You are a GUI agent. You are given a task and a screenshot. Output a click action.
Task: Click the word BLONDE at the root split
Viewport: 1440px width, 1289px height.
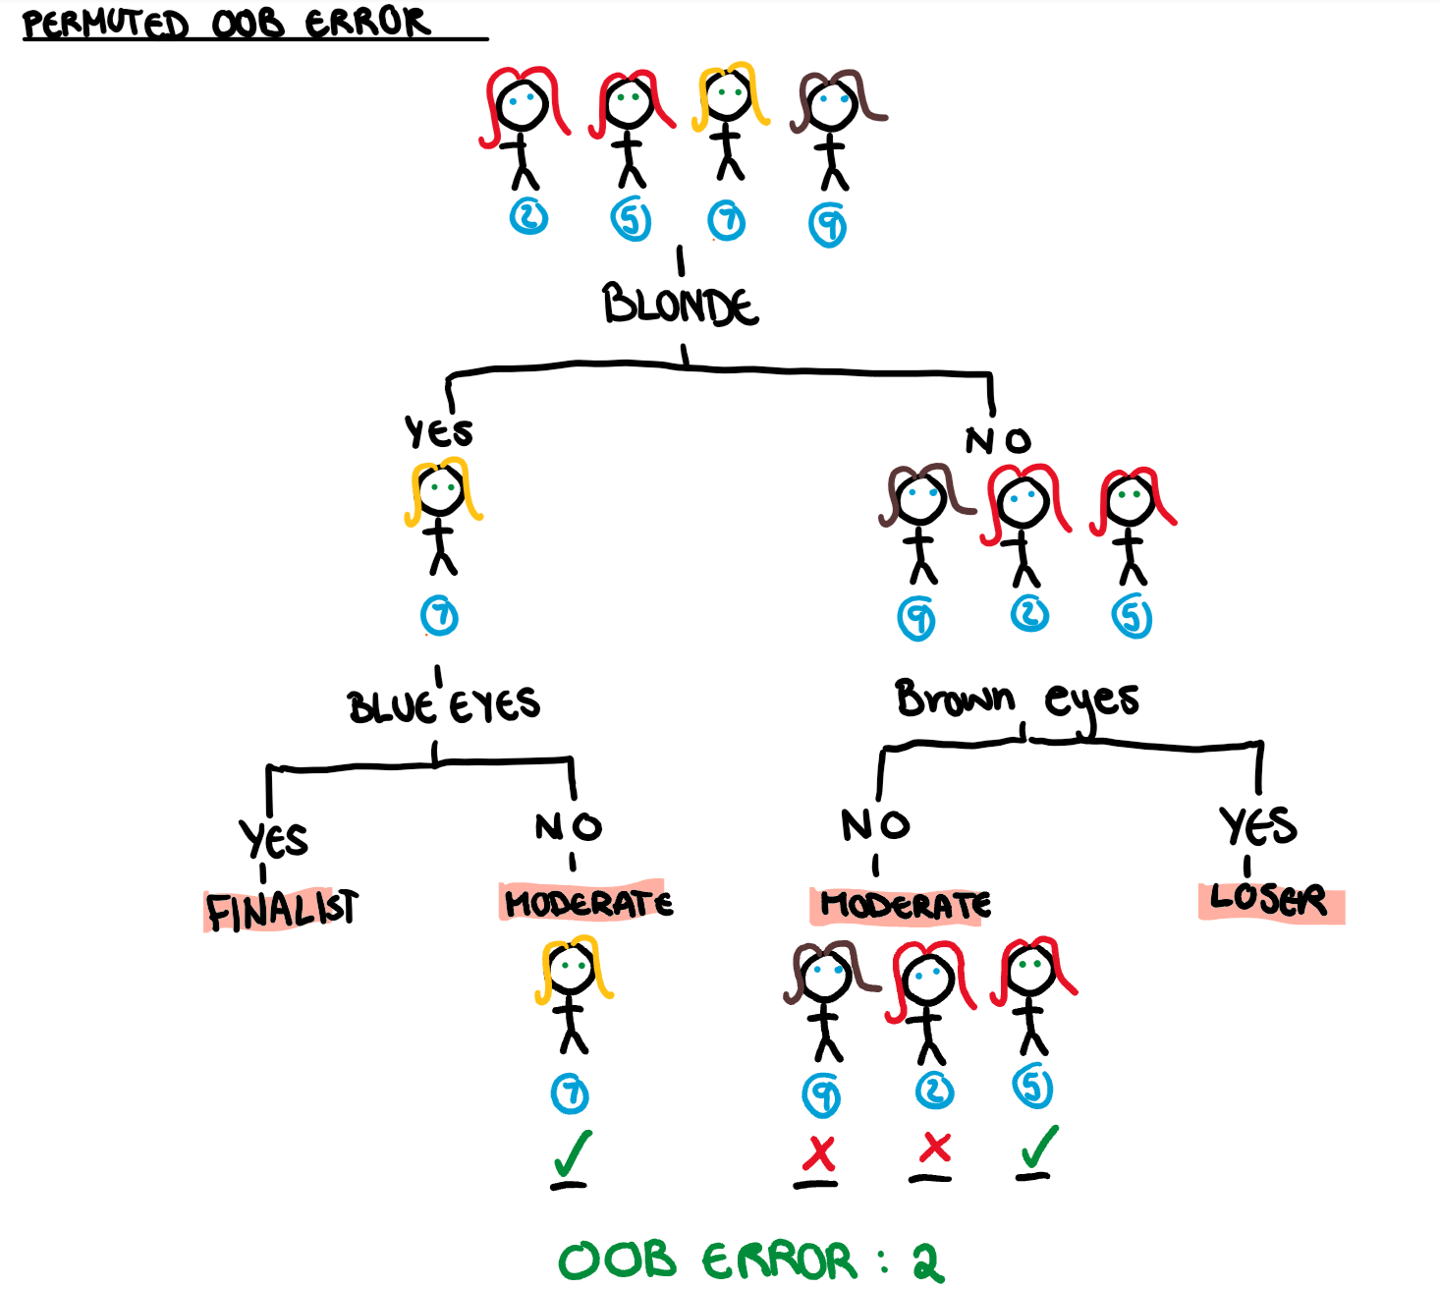tap(680, 304)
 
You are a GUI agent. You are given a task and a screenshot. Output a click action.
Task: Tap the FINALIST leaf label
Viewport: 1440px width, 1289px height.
tap(282, 910)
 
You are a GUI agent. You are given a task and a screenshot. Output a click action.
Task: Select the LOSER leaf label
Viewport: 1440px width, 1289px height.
tap(1269, 900)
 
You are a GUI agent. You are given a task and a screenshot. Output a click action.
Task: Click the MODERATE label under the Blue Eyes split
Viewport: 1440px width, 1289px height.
tap(587, 902)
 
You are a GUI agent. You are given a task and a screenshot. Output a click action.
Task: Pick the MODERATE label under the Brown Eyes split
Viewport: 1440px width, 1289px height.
tap(905, 905)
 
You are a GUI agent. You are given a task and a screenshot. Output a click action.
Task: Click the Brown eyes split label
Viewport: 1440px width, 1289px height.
tap(1017, 700)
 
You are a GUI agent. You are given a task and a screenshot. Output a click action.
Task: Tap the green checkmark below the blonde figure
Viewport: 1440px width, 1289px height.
tap(572, 1155)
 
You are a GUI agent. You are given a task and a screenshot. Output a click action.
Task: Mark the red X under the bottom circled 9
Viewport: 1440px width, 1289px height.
tap(818, 1155)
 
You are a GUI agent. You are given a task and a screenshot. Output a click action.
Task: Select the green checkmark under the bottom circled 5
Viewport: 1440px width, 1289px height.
tap(1038, 1148)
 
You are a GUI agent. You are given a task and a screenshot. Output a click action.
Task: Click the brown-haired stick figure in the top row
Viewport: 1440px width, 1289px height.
tap(835, 128)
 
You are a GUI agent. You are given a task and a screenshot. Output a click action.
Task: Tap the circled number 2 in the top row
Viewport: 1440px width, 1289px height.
tap(528, 215)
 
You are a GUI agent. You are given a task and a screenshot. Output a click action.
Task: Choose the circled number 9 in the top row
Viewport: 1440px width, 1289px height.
tap(828, 226)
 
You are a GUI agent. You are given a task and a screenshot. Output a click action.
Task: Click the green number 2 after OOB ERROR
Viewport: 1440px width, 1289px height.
tap(927, 1261)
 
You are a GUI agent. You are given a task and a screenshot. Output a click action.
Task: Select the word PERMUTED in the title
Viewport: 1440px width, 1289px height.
tap(105, 23)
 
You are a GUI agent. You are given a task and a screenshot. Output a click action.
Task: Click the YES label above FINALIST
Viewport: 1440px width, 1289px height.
tap(274, 839)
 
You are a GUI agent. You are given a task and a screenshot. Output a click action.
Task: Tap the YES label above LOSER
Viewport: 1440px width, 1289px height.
tap(1257, 825)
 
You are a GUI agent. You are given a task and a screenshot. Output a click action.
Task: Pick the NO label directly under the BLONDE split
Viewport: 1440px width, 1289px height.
tap(998, 439)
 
